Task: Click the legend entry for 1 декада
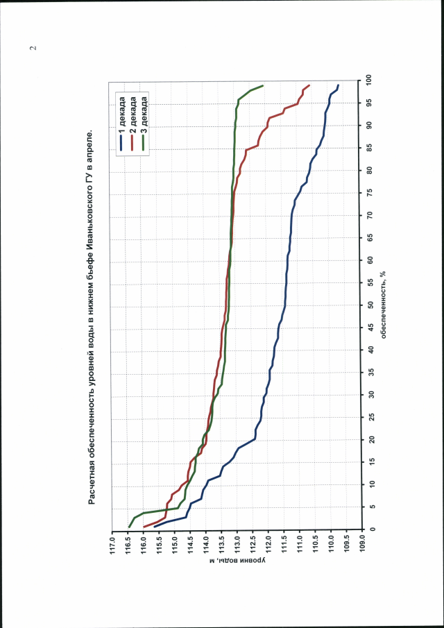(x=123, y=121)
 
